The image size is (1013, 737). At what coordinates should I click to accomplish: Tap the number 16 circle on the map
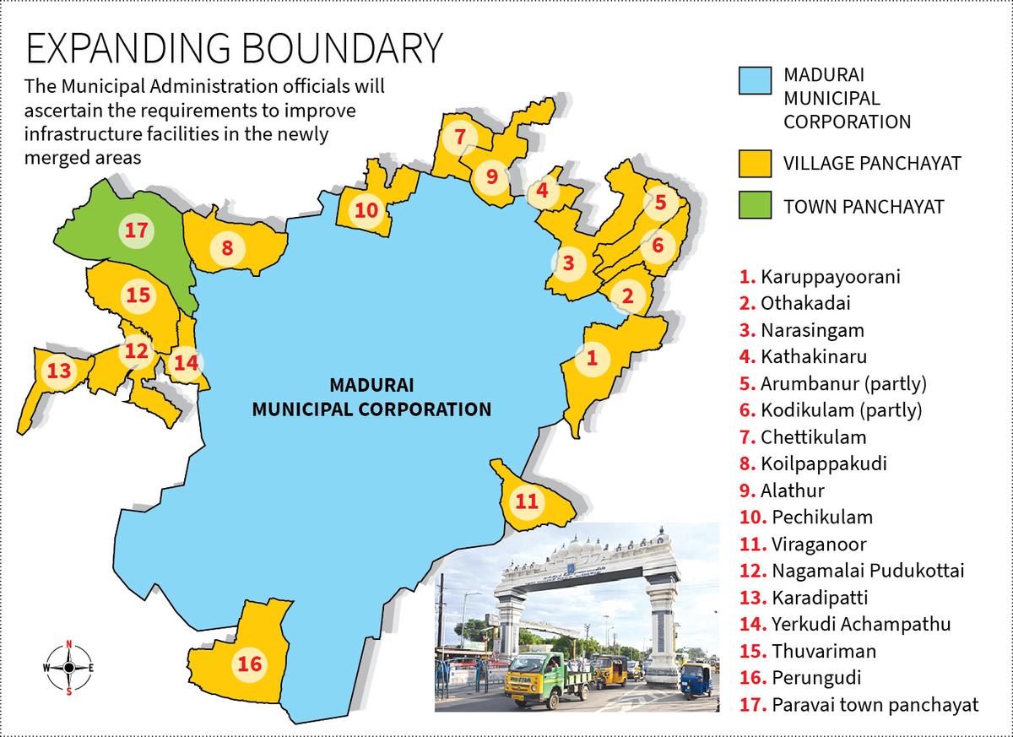(250, 664)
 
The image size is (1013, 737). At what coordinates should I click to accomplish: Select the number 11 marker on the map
(526, 501)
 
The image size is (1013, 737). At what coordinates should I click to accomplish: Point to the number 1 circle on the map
(592, 357)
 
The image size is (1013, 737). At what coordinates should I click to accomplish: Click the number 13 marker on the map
(59, 371)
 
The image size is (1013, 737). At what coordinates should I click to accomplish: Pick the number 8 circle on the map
(227, 248)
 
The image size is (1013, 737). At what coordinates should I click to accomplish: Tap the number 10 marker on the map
(366, 210)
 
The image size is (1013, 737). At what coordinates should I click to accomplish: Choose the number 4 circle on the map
(542, 191)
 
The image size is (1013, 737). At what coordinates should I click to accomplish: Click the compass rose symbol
(68, 668)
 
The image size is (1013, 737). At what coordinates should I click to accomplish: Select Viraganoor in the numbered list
(818, 545)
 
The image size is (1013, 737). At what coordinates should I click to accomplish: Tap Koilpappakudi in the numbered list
(823, 464)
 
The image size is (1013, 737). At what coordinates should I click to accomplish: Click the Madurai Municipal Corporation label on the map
(372, 398)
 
